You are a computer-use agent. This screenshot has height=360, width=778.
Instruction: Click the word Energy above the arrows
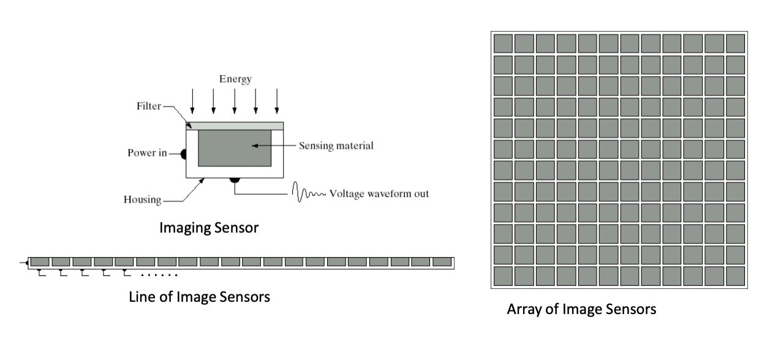[x=235, y=79]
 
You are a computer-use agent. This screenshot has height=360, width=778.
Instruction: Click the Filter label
[x=148, y=106]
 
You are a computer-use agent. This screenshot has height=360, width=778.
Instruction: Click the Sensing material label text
[x=336, y=146]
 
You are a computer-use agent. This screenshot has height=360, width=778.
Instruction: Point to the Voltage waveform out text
[x=379, y=194]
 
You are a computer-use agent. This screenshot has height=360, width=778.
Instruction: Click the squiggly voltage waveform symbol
[x=310, y=193]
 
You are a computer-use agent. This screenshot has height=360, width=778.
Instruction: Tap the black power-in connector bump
[x=184, y=154]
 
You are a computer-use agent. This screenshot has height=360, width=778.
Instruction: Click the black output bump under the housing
[x=234, y=180]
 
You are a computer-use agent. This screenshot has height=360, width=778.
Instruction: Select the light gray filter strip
[x=235, y=126]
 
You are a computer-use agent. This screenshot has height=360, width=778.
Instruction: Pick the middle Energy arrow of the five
[x=235, y=100]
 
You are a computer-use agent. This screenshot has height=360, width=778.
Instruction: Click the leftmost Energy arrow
[x=192, y=100]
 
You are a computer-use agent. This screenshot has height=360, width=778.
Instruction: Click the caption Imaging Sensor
[x=209, y=228]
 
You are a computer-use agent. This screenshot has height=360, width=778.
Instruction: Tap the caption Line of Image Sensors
[x=200, y=298]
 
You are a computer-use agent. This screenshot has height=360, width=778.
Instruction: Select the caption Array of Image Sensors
[x=581, y=310]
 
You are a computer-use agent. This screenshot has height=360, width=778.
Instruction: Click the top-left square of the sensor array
[x=502, y=43]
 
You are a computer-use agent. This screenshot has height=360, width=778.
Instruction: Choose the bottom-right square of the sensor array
[x=735, y=276]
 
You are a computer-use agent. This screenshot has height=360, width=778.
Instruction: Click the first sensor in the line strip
[x=40, y=261]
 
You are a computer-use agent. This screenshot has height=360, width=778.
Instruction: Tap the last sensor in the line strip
[x=441, y=261]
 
